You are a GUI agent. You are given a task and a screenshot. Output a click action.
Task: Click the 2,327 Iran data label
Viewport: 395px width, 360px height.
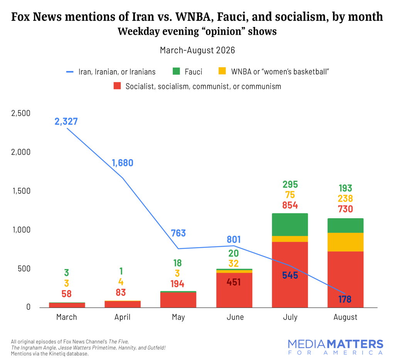tap(66, 121)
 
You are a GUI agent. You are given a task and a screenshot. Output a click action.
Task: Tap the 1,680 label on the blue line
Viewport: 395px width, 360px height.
tap(122, 163)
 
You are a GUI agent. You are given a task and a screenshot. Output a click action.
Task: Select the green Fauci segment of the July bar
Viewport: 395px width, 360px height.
tap(290, 225)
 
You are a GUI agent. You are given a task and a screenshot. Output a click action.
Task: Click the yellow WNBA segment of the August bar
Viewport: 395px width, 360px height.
tap(345, 242)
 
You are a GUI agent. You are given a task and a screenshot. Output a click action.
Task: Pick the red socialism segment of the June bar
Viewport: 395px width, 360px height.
tap(234, 290)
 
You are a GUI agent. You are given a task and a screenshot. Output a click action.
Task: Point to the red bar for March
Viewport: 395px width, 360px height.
tap(67, 305)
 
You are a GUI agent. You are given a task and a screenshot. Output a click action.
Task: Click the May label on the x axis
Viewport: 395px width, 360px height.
tap(178, 317)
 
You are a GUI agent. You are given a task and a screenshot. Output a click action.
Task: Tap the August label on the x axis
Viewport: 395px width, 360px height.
tap(345, 317)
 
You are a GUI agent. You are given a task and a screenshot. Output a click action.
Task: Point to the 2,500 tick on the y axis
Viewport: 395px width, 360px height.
tap(21, 113)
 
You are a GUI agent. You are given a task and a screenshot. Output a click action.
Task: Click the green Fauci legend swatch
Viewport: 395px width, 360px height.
tap(176, 71)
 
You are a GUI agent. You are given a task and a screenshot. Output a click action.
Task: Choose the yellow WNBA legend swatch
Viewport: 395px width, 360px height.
tap(222, 71)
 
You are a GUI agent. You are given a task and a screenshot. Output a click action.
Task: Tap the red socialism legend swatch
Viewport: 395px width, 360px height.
tap(117, 86)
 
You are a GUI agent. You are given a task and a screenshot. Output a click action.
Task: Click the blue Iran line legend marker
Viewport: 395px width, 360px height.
tap(70, 72)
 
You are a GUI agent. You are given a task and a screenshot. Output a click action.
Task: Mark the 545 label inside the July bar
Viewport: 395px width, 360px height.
tap(290, 275)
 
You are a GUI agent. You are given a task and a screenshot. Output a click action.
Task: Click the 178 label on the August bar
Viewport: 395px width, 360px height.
tap(345, 299)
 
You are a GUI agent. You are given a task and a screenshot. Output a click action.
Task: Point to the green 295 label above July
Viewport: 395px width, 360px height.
tap(290, 185)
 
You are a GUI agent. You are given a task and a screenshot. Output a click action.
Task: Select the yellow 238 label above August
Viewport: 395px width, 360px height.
tap(345, 199)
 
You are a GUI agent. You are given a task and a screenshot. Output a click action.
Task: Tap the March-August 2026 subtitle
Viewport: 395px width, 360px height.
tap(197, 50)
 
